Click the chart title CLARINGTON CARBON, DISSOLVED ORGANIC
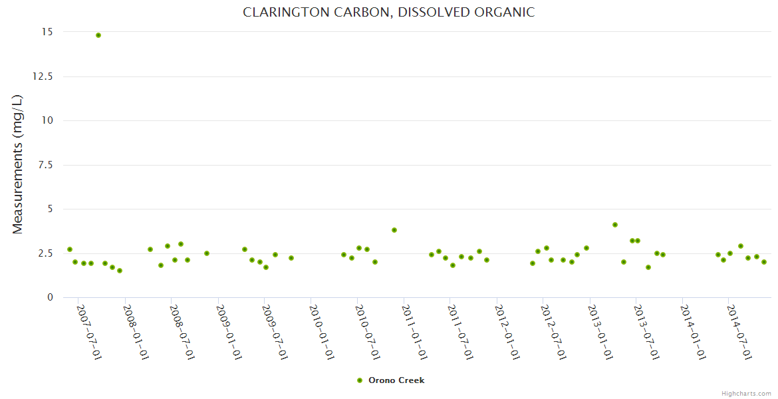click(388, 13)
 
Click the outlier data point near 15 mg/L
click(98, 35)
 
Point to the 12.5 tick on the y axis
click(43, 76)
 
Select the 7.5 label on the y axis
click(47, 165)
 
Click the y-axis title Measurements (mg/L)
click(18, 164)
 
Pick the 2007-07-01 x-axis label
click(88, 332)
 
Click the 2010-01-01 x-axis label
click(321, 332)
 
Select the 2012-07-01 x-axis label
click(553, 332)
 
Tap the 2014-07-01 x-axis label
click(739, 332)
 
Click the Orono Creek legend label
click(396, 380)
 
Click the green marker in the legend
click(360, 380)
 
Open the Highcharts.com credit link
click(747, 393)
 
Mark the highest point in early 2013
click(615, 225)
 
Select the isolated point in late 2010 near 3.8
click(394, 230)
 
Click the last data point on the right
click(764, 262)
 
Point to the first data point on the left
click(70, 249)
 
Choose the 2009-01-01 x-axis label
click(228, 332)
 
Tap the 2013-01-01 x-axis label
click(599, 332)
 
